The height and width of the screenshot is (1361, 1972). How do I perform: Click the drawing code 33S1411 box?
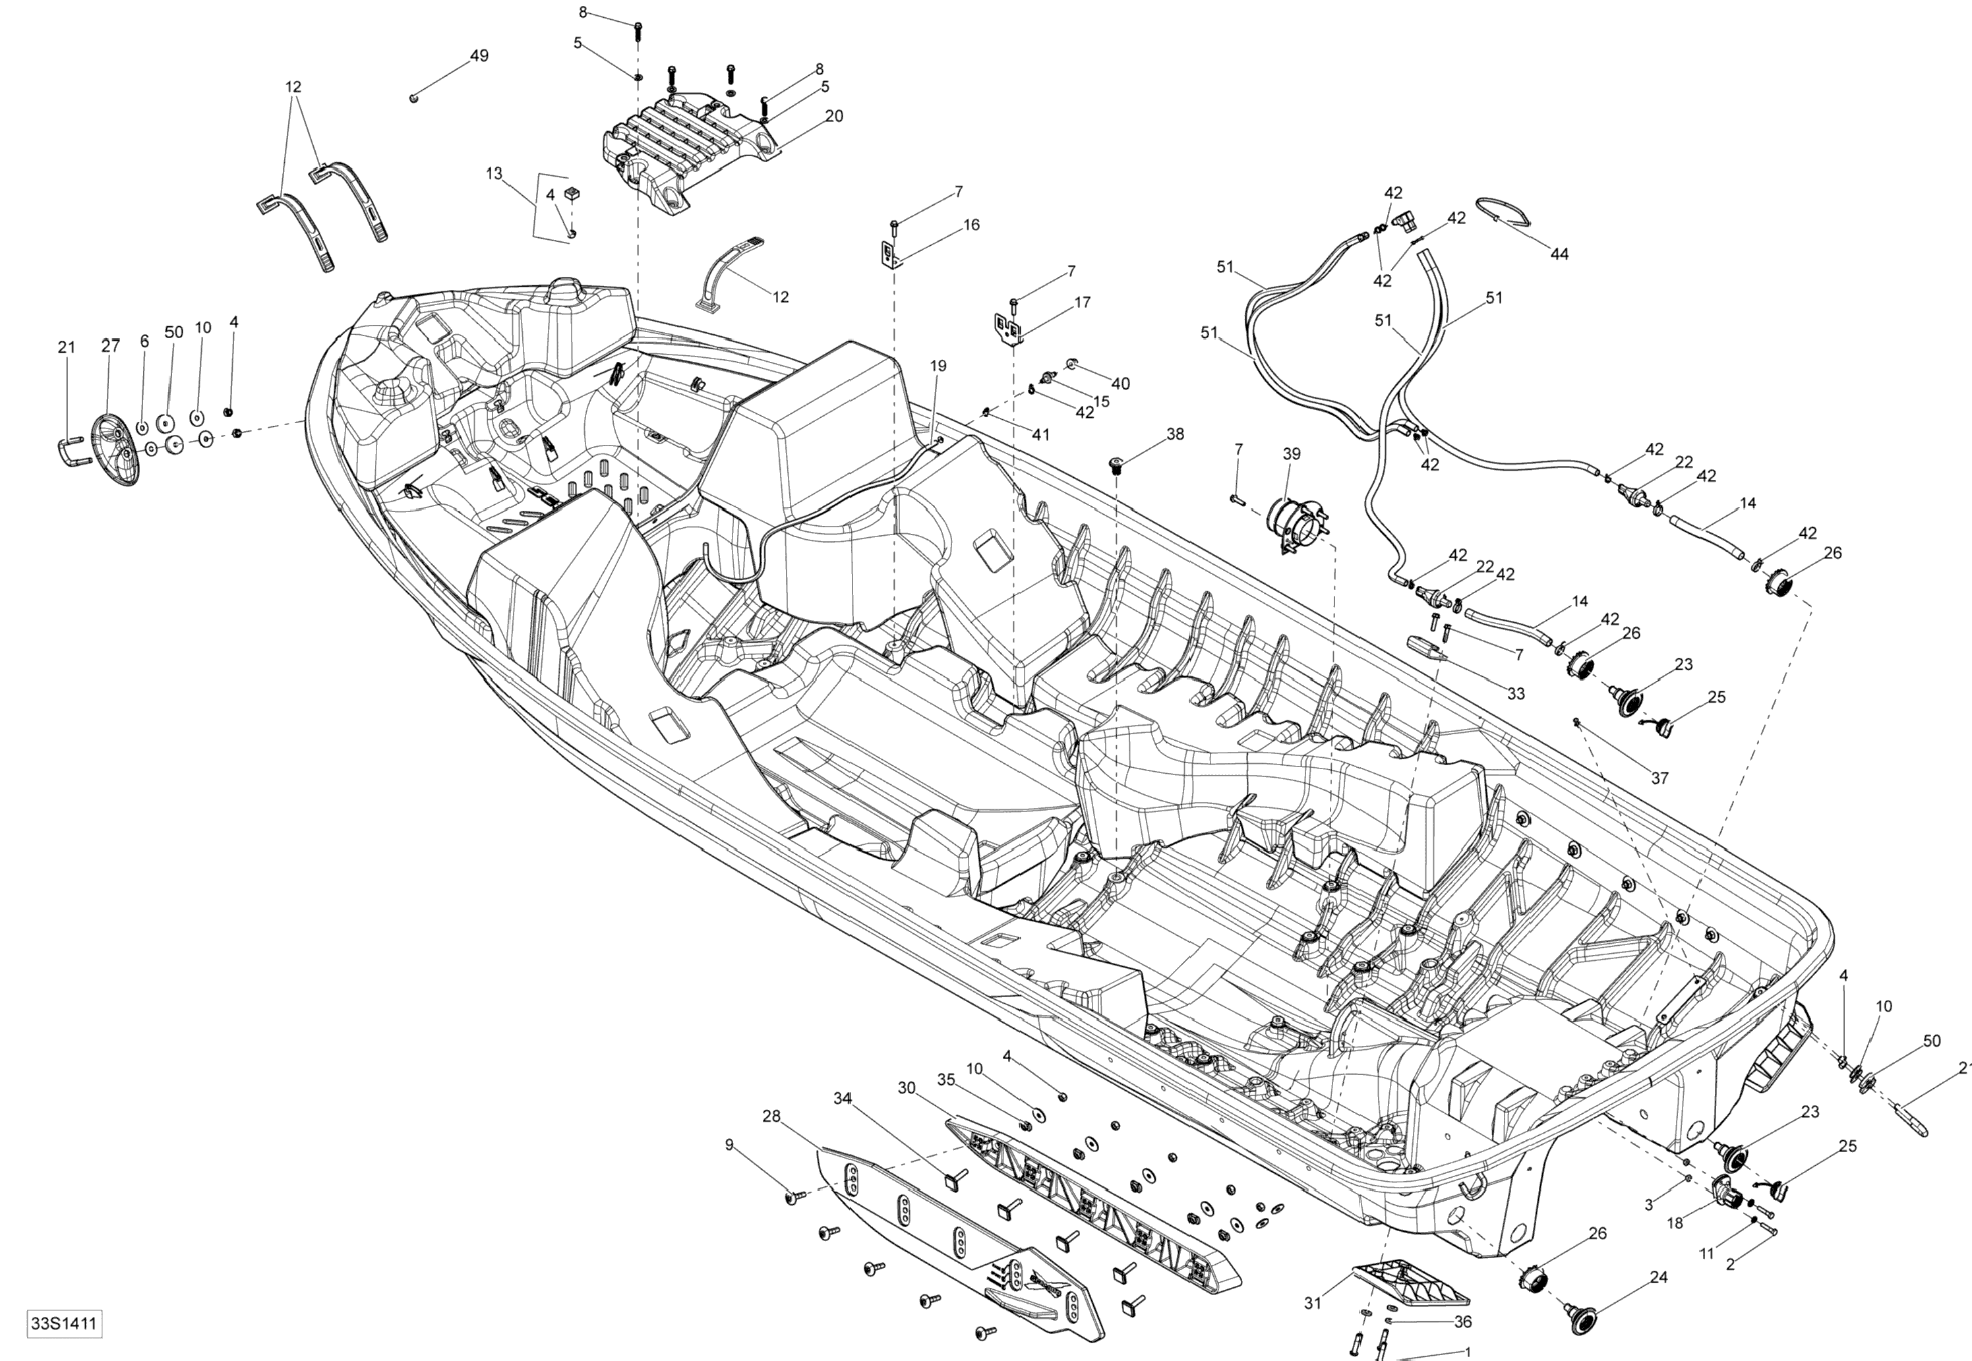click(x=64, y=1324)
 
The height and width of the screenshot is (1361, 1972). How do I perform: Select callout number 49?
click(x=479, y=56)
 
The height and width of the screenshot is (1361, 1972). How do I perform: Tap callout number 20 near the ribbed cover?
click(x=834, y=116)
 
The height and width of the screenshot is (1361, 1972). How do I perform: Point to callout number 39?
click(x=1292, y=453)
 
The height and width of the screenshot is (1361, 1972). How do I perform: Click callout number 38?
click(x=1176, y=434)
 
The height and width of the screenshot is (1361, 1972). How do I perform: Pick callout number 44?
click(x=1559, y=254)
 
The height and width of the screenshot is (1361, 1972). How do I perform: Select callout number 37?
click(x=1660, y=778)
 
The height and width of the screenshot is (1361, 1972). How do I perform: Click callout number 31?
click(x=1313, y=1303)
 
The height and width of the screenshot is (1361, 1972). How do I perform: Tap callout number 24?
click(x=1658, y=1277)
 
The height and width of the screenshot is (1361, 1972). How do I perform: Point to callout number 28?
click(x=771, y=1116)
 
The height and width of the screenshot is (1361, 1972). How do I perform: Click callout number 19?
click(x=938, y=366)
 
